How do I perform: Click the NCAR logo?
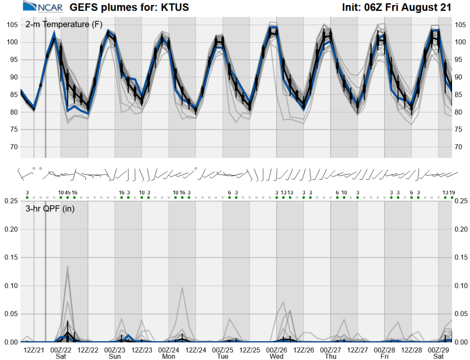pos(43,6)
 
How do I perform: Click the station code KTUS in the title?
pos(175,7)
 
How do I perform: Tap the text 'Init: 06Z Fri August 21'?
pos(397,7)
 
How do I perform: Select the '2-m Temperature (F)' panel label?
pos(64,24)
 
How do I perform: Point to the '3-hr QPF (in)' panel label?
pos(50,209)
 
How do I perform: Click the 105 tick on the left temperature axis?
pos(12,25)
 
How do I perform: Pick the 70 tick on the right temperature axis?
pos(459,147)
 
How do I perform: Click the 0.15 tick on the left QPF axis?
pos(11,258)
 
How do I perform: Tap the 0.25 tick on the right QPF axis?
pos(461,201)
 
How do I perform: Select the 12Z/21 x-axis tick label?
pos(34,350)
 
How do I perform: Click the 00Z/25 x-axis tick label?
pos(223,350)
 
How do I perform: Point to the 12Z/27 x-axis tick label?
pos(357,350)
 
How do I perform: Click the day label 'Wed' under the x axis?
pos(276,356)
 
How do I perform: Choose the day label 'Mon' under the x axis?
pos(168,356)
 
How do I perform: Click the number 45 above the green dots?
pos(67,193)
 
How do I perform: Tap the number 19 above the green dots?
pos(452,193)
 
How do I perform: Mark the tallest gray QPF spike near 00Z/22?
pos(67,266)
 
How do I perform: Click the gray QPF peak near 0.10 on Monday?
pos(182,288)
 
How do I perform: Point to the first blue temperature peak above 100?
pos(54,33)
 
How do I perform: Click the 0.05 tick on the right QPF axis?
pos(461,314)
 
